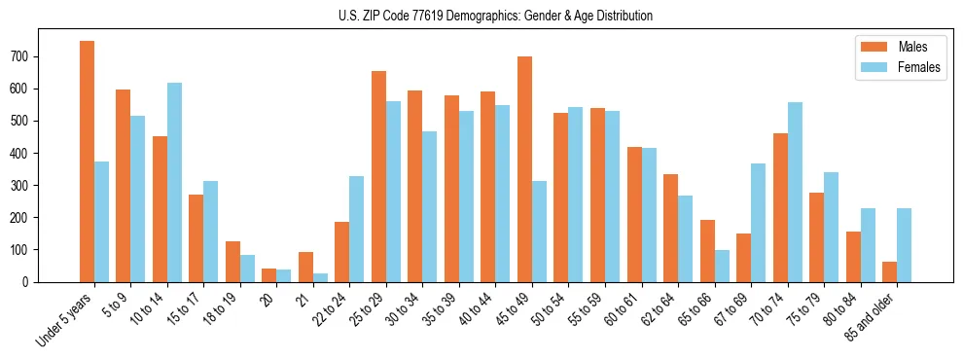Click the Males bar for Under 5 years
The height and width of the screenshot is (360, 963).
point(88,162)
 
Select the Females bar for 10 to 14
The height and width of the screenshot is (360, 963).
point(174,182)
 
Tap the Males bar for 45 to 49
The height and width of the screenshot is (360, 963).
point(524,169)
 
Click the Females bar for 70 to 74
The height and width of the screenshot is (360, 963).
point(795,192)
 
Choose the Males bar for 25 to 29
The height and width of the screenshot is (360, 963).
point(378,176)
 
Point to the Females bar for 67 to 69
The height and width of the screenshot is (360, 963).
point(758,223)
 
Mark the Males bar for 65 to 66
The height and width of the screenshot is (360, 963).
point(707,251)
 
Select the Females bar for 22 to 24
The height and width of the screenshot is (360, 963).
point(357,229)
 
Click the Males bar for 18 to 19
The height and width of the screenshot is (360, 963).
point(232,262)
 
